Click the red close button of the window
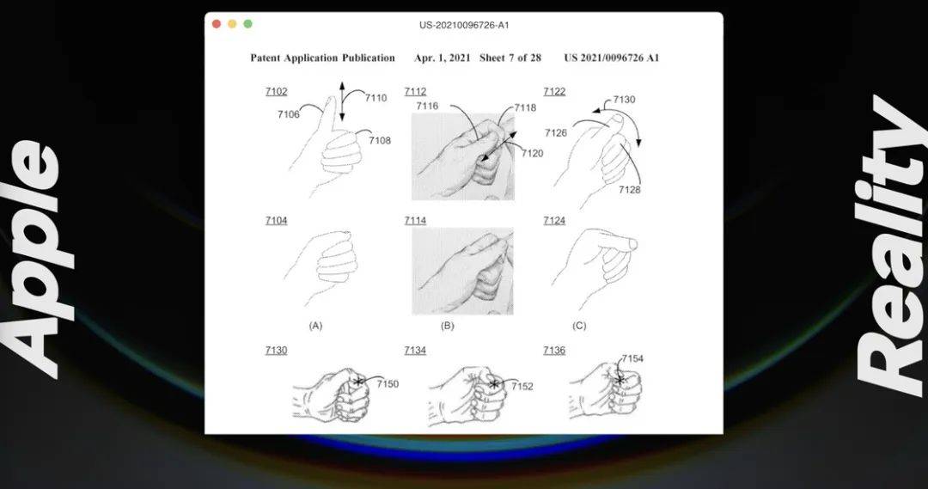point(217,24)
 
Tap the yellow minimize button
point(232,24)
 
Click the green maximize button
point(247,24)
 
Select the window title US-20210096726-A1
point(463,25)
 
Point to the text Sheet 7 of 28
point(511,58)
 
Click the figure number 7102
point(276,92)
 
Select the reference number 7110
point(375,98)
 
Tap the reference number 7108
point(380,140)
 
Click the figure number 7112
point(415,92)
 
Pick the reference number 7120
point(532,153)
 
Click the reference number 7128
point(630,189)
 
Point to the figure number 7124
point(554,221)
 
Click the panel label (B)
point(447,326)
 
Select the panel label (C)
point(579,326)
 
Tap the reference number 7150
point(388,384)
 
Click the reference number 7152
point(522,387)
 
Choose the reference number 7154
point(632,358)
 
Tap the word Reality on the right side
point(889,249)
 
